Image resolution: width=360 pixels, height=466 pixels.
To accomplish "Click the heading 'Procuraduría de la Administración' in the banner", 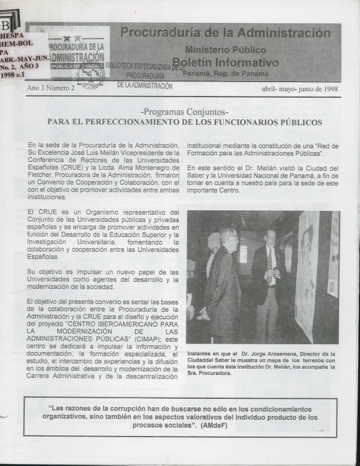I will click(225, 33).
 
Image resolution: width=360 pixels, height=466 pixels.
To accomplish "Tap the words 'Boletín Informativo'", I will click(226, 62).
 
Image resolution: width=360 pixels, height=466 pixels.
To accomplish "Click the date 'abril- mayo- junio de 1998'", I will click(299, 89).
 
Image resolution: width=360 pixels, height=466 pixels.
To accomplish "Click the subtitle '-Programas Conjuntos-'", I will click(184, 112).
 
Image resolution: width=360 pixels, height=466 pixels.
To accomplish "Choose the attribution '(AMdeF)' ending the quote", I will click(214, 426).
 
